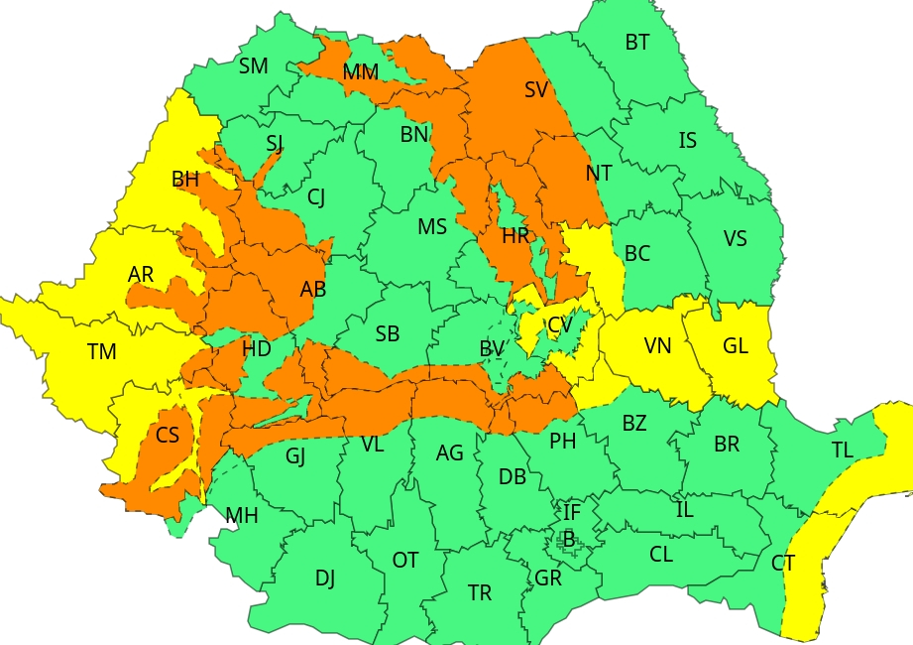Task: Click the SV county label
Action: pyautogui.click(x=536, y=90)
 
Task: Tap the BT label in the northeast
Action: pyautogui.click(x=637, y=43)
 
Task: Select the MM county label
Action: pyautogui.click(x=360, y=72)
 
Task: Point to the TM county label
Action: pyautogui.click(x=101, y=352)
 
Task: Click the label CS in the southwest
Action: pyautogui.click(x=168, y=436)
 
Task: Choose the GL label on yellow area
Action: pyautogui.click(x=736, y=346)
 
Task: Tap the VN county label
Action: pyautogui.click(x=657, y=346)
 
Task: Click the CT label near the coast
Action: pyautogui.click(x=783, y=564)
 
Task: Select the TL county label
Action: pyautogui.click(x=842, y=451)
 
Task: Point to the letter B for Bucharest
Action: pyautogui.click(x=568, y=539)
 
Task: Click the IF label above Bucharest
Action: pyautogui.click(x=572, y=513)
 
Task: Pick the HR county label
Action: pyautogui.click(x=515, y=236)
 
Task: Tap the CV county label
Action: pyautogui.click(x=560, y=324)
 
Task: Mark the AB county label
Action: pyautogui.click(x=313, y=290)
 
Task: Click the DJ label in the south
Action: pyautogui.click(x=325, y=578)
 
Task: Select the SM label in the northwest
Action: pyautogui.click(x=253, y=66)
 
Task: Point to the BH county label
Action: pyautogui.click(x=185, y=180)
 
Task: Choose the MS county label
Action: pyautogui.click(x=431, y=227)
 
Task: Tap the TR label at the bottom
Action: pyautogui.click(x=480, y=593)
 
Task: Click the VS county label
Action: pyautogui.click(x=735, y=239)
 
